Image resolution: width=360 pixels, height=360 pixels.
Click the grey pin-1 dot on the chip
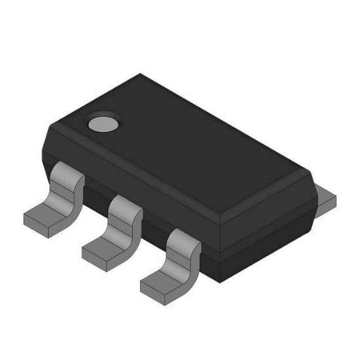(x=103, y=122)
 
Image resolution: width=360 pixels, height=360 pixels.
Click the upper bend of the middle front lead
(x=125, y=207)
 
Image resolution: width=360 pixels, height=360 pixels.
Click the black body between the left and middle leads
(x=96, y=196)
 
